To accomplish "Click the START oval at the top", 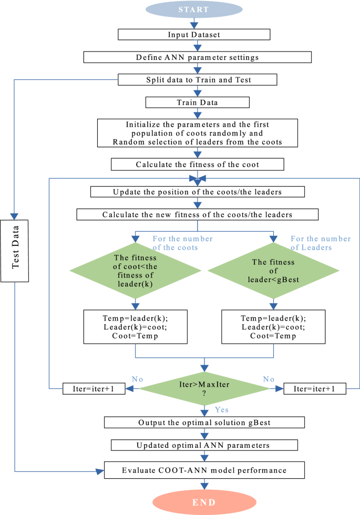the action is coord(194,9).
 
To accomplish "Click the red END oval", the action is coord(204,502).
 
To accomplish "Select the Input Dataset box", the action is coord(194,35).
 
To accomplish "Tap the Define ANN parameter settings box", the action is coord(198,57).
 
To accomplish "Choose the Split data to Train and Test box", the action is coord(198,80).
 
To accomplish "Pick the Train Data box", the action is coord(198,102).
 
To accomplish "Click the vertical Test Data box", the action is coord(15,251).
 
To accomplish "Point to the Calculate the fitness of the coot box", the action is coord(198,164).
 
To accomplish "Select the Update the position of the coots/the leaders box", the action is coord(198,192).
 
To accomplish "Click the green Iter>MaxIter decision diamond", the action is coord(204,388).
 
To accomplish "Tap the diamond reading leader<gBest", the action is coord(273,271).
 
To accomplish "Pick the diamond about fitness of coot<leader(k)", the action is coord(136,271).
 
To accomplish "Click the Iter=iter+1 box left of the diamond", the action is coord(94,388).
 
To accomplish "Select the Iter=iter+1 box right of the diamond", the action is coord(315,388).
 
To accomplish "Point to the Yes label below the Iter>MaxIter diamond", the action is coord(222,409).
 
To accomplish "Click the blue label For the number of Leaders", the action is coord(321,243).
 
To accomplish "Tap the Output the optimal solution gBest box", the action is coord(204,423).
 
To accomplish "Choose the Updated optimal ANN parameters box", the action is coord(204,445).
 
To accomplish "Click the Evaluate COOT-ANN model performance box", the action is coord(204,470).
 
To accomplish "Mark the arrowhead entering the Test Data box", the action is coord(14,216).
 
